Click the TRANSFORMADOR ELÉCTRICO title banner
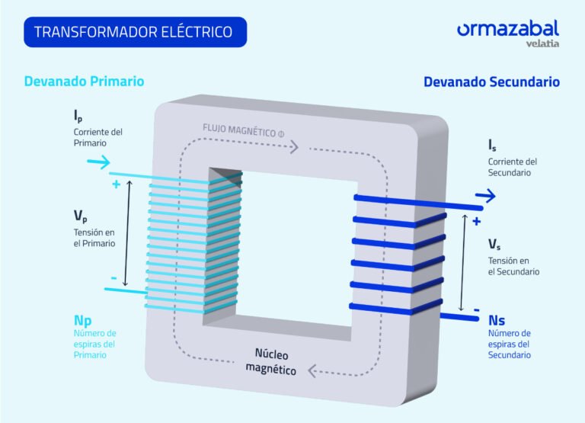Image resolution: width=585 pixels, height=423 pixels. point(136,32)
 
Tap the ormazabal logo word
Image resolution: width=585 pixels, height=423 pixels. point(507,29)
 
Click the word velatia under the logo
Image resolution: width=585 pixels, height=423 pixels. point(542,43)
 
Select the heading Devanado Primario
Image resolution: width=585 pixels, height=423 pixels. point(84,81)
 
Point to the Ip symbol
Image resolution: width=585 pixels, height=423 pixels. point(78,117)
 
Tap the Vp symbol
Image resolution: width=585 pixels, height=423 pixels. point(80,216)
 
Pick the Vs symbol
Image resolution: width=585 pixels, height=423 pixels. point(494,245)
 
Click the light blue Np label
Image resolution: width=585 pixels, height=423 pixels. point(83,319)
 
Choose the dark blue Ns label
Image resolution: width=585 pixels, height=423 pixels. point(497,320)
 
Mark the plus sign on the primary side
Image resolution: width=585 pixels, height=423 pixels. point(116,185)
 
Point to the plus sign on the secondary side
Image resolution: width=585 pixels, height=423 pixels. point(476,222)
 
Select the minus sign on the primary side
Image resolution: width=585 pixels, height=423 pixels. point(114,279)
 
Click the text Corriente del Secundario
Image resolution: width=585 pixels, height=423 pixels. point(513,167)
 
